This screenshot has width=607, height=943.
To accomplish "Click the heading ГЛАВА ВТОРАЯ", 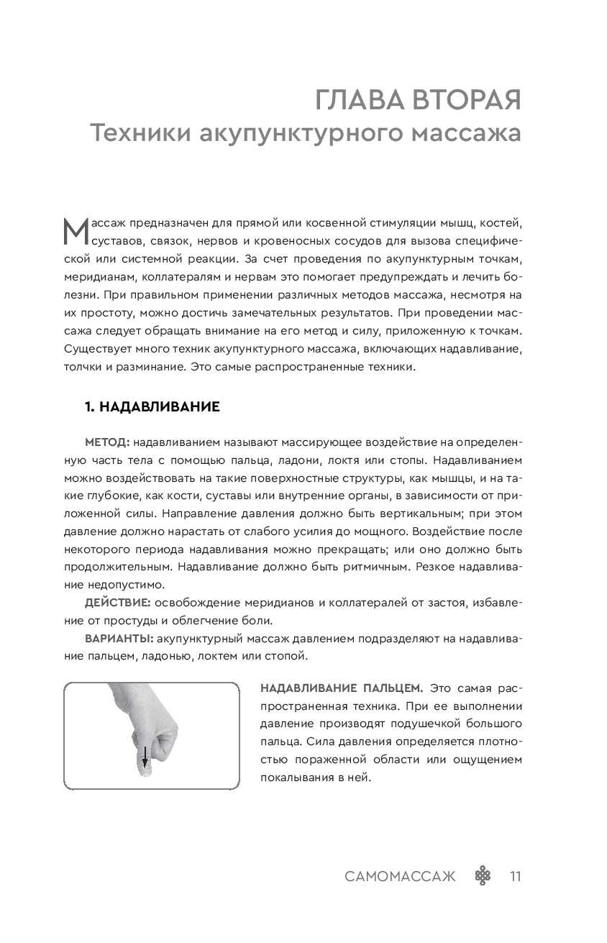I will (418, 101).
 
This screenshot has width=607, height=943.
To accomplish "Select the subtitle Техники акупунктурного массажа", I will (305, 134).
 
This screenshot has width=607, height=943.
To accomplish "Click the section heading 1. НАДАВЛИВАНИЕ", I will (152, 408).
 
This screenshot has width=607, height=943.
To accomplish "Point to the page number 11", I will (514, 876).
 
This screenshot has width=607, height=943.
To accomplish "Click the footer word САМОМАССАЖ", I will (400, 876).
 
